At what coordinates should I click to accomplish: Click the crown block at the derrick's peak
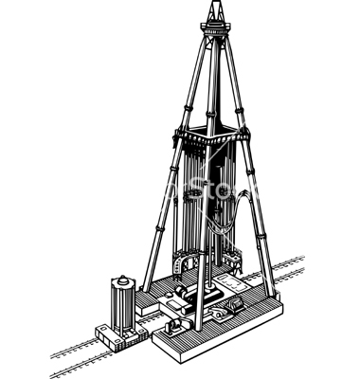[x=215, y=11]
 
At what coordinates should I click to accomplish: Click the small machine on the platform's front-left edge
[x=174, y=326]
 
